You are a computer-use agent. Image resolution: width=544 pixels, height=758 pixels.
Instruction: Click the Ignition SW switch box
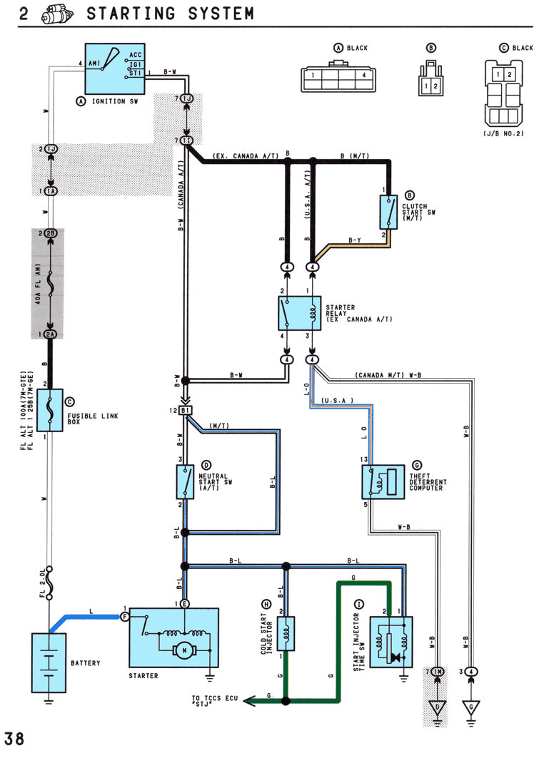115,68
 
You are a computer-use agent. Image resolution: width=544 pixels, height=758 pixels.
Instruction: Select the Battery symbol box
49,662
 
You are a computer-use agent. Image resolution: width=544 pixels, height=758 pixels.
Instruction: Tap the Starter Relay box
300,313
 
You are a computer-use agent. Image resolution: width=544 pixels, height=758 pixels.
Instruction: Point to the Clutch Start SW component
388,212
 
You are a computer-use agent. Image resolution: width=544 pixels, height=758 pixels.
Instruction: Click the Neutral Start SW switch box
185,482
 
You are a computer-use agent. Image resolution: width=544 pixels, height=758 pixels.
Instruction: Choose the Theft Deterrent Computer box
383,482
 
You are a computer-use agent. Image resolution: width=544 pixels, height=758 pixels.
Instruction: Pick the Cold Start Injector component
286,633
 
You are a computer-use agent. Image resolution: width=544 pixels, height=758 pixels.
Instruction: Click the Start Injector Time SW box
391,642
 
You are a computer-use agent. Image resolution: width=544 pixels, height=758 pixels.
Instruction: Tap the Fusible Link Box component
50,410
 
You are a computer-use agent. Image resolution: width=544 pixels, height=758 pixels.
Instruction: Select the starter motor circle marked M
184,650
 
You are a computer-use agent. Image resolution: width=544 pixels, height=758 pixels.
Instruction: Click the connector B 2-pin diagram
430,78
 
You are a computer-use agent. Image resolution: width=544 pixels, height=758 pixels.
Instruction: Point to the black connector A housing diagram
338,76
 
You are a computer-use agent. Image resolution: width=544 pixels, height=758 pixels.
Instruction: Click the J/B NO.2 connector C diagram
503,93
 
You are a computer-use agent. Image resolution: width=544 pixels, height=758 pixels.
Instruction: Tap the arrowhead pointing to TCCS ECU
249,700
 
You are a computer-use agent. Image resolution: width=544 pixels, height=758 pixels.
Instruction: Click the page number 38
14,739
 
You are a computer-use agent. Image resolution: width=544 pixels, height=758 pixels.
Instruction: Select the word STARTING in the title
131,13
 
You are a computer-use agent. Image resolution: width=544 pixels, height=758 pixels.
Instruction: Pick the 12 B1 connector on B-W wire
186,411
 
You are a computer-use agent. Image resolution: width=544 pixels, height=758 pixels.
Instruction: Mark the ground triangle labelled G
471,707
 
